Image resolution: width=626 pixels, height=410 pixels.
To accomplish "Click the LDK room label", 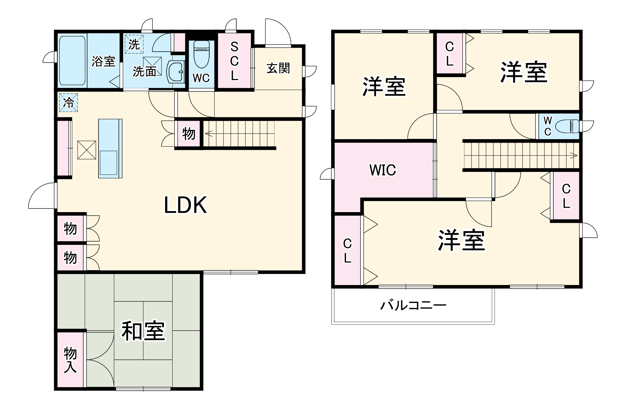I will [x=185, y=205].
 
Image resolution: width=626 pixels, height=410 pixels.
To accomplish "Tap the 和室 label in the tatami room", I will [x=143, y=331].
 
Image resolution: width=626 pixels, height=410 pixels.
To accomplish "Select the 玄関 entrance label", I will [x=278, y=68].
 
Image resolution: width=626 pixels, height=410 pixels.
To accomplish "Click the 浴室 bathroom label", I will [x=103, y=61].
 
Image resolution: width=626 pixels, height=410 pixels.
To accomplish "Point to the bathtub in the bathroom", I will [x=72, y=61].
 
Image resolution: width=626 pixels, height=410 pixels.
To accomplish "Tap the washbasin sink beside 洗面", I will [x=175, y=72].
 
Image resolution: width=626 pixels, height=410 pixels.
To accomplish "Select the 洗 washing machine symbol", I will [x=134, y=44].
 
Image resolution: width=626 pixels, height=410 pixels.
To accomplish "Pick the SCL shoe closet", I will [x=234, y=61].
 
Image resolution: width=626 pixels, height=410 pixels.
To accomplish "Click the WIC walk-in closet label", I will [x=383, y=170].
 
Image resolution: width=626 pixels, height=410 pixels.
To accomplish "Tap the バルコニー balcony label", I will [x=413, y=305].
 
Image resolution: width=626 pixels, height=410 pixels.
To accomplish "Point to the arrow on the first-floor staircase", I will [x=208, y=134].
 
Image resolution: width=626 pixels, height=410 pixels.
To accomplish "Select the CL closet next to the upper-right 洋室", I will [x=450, y=54].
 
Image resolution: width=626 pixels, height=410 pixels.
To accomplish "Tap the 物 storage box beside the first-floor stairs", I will [x=189, y=134].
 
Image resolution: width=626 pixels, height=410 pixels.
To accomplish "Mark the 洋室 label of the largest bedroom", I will [x=462, y=241].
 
